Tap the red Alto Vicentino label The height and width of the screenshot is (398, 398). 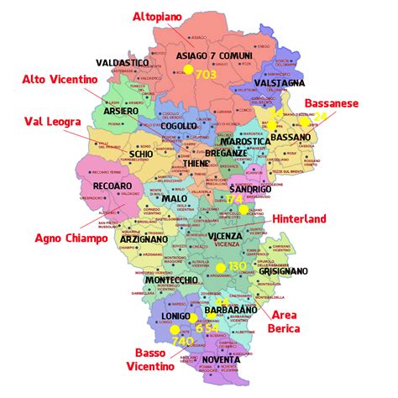[x=59, y=79]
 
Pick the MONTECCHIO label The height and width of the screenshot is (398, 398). [x=171, y=279]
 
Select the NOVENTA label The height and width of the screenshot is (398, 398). [x=220, y=360]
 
